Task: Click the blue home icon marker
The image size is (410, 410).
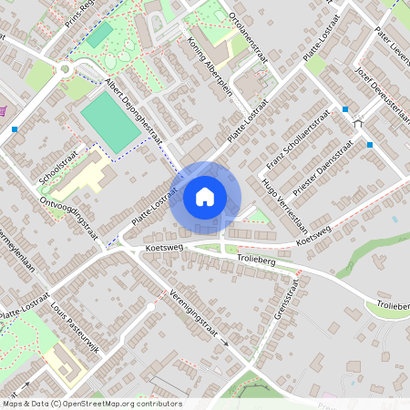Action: click(x=205, y=197)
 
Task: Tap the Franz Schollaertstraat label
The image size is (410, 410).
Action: click(x=296, y=140)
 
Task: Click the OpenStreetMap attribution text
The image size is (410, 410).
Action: click(x=91, y=404)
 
